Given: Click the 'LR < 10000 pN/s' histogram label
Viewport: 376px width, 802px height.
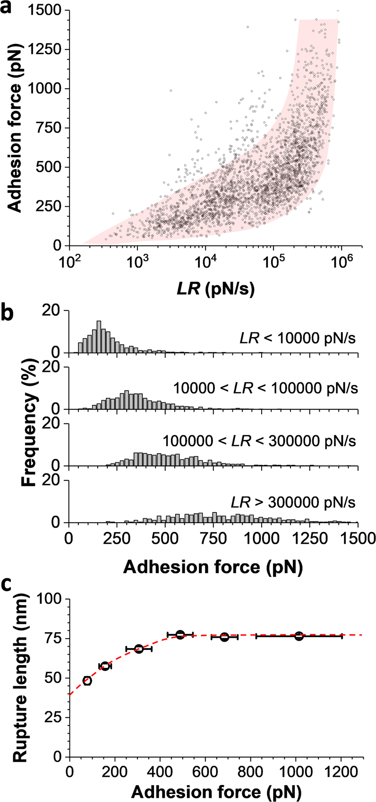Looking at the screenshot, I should point(296,338).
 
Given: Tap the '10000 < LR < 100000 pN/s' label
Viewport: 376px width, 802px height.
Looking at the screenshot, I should point(265,388).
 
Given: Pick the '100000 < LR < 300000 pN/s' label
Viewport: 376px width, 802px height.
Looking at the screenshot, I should point(259,441).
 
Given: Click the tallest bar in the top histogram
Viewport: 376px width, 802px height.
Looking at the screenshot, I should point(99,337).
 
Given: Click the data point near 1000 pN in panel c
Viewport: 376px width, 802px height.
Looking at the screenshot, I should point(299,636).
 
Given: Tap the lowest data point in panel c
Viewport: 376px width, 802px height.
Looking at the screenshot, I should point(87,681).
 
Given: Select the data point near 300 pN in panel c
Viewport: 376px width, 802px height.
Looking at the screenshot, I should point(138,649).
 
